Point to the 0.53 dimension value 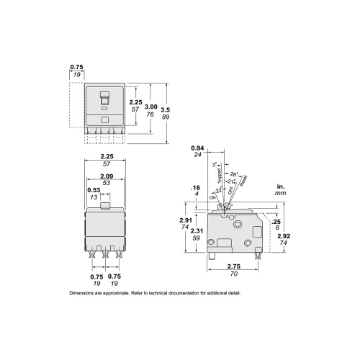[94, 190]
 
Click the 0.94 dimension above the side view [197, 148]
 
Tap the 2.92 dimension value [282, 235]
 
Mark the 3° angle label [215, 165]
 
